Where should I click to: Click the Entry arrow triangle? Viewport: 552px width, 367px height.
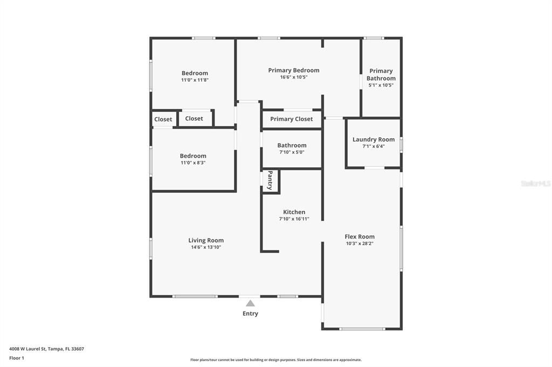click(x=250, y=304)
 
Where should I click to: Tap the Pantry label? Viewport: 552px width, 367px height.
click(x=270, y=180)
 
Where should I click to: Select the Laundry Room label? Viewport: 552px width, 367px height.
click(x=374, y=139)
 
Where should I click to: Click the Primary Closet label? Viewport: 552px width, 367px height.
click(x=291, y=119)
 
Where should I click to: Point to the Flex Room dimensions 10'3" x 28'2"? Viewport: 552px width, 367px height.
click(x=360, y=243)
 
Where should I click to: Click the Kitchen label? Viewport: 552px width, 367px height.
click(x=294, y=212)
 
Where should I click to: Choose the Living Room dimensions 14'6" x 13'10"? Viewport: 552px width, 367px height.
click(x=206, y=248)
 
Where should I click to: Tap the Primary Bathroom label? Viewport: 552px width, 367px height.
click(x=381, y=74)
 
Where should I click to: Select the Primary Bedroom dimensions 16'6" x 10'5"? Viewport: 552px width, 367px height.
click(x=294, y=77)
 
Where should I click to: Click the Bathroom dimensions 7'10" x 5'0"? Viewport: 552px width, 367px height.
click(x=292, y=152)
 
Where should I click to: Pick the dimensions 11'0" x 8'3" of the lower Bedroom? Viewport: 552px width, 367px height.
click(x=193, y=163)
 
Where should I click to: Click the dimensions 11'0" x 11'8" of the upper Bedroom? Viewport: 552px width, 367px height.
click(x=195, y=80)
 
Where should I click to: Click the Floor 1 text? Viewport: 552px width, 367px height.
click(x=17, y=358)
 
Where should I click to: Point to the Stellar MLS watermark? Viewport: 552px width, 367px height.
click(x=535, y=183)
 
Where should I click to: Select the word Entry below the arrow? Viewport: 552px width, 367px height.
click(x=250, y=314)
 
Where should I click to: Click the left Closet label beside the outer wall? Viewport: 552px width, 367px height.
click(x=163, y=119)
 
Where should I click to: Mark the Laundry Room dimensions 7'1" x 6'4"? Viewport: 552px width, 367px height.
click(x=374, y=146)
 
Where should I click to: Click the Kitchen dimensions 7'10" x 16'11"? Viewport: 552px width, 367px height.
click(x=294, y=219)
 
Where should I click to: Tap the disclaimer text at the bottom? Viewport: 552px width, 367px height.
click(x=275, y=360)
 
